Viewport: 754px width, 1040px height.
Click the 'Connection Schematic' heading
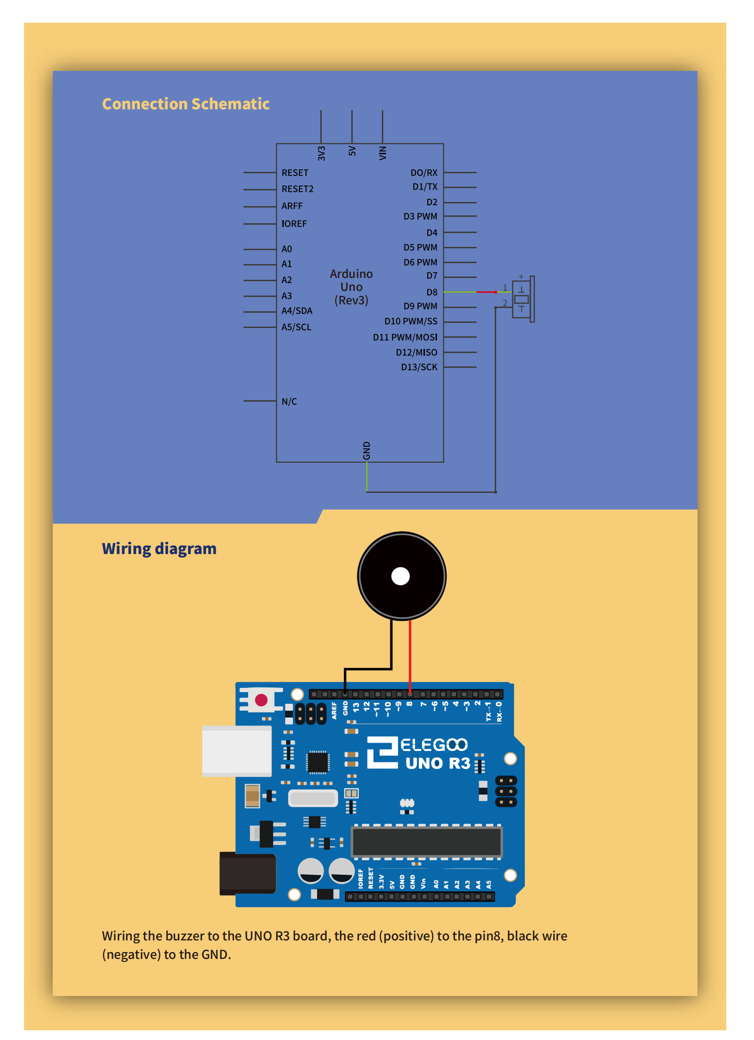pyautogui.click(x=186, y=104)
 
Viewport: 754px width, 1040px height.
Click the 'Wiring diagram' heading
pyautogui.click(x=159, y=548)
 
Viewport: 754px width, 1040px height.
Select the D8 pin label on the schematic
pyautogui.click(x=431, y=292)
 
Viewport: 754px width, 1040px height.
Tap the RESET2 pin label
pyautogui.click(x=297, y=189)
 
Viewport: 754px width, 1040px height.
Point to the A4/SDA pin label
pyautogui.click(x=297, y=311)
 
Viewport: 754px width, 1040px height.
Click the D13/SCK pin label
pyautogui.click(x=419, y=367)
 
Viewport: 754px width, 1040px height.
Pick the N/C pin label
pyautogui.click(x=289, y=401)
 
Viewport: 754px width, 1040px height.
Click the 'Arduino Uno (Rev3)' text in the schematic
pyautogui.click(x=351, y=287)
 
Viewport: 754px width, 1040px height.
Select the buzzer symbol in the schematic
pyautogui.click(x=523, y=299)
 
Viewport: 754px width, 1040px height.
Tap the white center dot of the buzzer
pyautogui.click(x=400, y=576)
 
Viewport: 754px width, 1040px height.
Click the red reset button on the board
pyautogui.click(x=261, y=700)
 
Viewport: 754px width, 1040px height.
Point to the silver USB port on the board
pyautogui.click(x=237, y=751)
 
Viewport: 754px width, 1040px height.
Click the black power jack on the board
pyautogui.click(x=248, y=873)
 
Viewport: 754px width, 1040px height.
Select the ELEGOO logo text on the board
pyautogui.click(x=434, y=745)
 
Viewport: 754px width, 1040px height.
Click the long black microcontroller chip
pyautogui.click(x=426, y=841)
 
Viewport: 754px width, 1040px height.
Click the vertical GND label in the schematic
pyautogui.click(x=367, y=450)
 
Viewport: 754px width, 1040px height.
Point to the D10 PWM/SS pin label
pyautogui.click(x=411, y=321)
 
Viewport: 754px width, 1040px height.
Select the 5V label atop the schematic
pyautogui.click(x=352, y=151)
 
